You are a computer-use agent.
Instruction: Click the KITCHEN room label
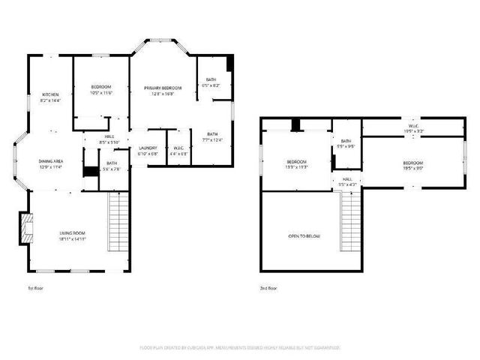(50, 94)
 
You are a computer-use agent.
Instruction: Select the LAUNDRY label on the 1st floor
(148, 148)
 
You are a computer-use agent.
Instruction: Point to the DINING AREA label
(50, 160)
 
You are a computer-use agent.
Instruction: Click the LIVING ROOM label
(73, 234)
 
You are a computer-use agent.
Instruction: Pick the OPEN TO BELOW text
(304, 236)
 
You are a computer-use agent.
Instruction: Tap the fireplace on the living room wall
(26, 229)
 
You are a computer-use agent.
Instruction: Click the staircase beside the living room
(116, 223)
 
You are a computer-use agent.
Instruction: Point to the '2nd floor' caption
(268, 287)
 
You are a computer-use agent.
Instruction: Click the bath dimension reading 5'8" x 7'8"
(112, 169)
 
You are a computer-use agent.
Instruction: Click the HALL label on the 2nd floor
(348, 179)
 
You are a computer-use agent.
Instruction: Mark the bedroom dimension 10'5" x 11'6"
(101, 93)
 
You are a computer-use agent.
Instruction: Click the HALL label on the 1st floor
(109, 136)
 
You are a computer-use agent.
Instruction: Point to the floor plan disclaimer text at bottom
(240, 347)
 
